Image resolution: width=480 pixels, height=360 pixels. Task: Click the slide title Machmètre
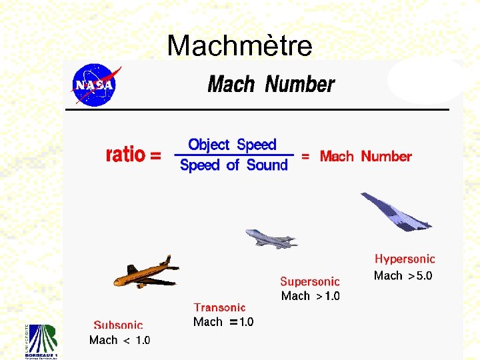(239, 46)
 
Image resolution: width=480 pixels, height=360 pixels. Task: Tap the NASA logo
(95, 85)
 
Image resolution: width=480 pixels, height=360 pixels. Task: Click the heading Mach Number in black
(271, 85)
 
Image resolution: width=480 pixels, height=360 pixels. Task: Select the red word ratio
(126, 155)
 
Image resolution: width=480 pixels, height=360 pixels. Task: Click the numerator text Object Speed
(232, 145)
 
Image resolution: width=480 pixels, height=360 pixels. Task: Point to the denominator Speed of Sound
(234, 165)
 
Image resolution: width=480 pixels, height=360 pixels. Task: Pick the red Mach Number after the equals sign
(365, 157)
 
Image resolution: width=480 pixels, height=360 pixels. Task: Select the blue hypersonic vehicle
(395, 212)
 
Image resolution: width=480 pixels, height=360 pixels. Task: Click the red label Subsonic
(118, 325)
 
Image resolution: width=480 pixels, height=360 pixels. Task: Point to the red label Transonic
(219, 307)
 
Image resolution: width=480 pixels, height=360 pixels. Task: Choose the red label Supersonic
(310, 282)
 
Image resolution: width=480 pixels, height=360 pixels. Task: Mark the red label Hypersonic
(405, 259)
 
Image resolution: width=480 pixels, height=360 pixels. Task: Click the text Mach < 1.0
(120, 340)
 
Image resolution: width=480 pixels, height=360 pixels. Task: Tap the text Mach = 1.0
(223, 322)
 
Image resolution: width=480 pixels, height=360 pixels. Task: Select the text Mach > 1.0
(310, 296)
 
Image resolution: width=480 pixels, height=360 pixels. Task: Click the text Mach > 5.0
(403, 275)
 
